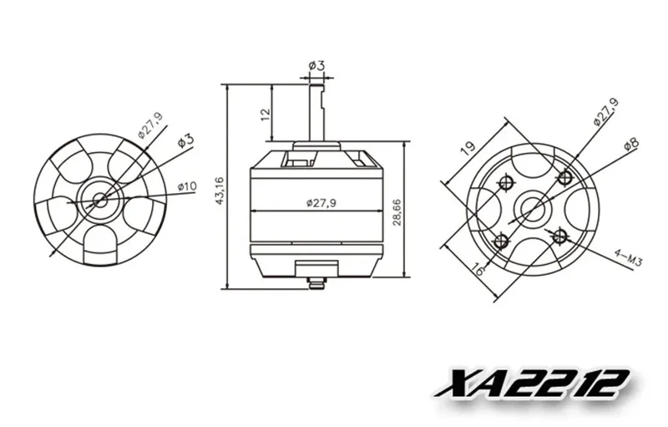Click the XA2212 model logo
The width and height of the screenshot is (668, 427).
pos(532,384)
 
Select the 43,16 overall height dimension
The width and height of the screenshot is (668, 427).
pos(220,191)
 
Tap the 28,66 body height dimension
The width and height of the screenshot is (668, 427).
pos(397,211)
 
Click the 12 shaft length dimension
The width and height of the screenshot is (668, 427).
pos(266,114)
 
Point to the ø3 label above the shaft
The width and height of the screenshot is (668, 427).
pos(316,66)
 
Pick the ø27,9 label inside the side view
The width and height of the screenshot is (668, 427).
pos(321,203)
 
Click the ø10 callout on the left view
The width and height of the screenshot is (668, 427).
pos(187,186)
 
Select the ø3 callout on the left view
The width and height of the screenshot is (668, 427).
pos(185,140)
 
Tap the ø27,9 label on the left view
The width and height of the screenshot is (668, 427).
pos(151,125)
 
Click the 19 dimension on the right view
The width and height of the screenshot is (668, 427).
pos(468,147)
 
